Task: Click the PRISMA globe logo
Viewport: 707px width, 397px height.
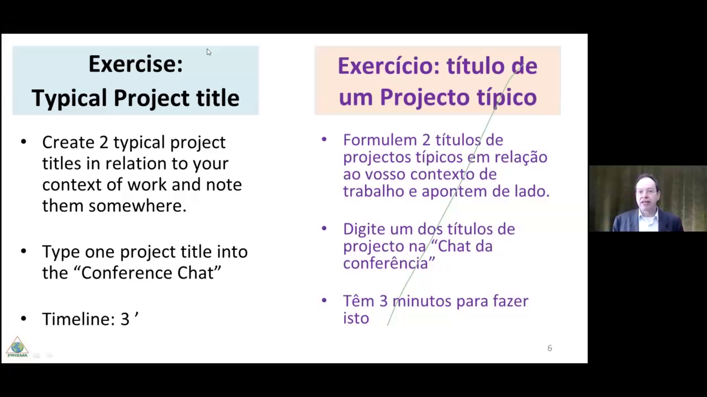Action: (17, 347)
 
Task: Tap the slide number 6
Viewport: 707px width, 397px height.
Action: (550, 348)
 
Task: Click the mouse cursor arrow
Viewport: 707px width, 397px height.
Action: (209, 52)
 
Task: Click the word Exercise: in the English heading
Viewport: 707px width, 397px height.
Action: (136, 64)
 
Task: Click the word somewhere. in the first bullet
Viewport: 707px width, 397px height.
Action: (138, 206)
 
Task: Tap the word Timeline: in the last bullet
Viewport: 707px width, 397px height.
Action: (78, 319)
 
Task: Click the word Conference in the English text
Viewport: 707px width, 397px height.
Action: (126, 273)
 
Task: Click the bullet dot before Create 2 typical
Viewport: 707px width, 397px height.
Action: (24, 142)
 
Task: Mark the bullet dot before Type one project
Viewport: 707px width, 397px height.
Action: (24, 251)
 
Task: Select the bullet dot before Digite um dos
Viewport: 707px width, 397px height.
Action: (324, 228)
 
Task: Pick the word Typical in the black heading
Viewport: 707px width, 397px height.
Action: (70, 98)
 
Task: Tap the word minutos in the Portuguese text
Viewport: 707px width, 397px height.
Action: (421, 301)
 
